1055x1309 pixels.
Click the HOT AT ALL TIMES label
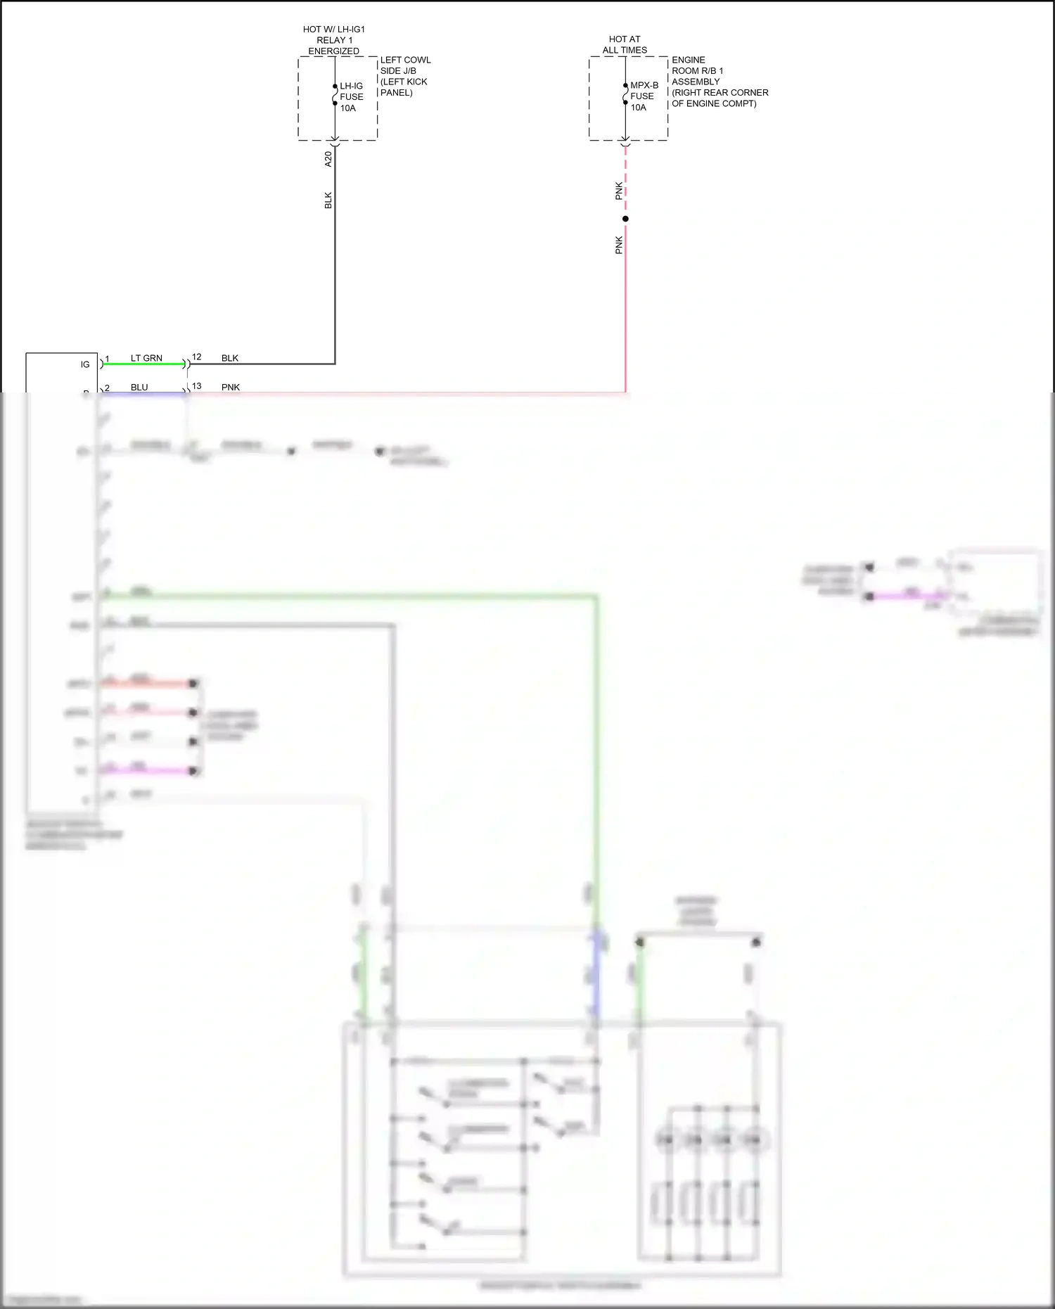(x=625, y=45)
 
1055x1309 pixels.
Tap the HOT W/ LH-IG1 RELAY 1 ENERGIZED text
(x=334, y=40)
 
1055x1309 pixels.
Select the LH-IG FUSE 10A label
(x=352, y=97)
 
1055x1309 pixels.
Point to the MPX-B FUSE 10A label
(x=644, y=96)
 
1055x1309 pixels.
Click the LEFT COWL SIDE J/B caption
(x=405, y=76)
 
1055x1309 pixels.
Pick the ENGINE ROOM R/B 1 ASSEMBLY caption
(x=720, y=82)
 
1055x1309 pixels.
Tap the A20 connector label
(x=328, y=159)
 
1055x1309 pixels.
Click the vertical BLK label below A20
(x=328, y=200)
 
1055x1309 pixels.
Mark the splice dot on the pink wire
(x=625, y=219)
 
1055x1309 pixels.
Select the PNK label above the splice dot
(x=619, y=191)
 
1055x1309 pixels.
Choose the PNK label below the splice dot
(x=619, y=245)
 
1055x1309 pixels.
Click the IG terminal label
(x=85, y=364)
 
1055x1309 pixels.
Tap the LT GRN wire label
(x=146, y=358)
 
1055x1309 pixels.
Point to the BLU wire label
(x=139, y=387)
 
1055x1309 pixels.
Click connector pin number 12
(x=197, y=357)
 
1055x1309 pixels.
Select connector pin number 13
(x=197, y=386)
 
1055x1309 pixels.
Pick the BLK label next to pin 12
(x=230, y=358)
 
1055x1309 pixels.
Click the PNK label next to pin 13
(x=231, y=387)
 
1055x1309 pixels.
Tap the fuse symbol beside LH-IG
(x=335, y=95)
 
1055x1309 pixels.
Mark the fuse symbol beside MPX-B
(x=625, y=94)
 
